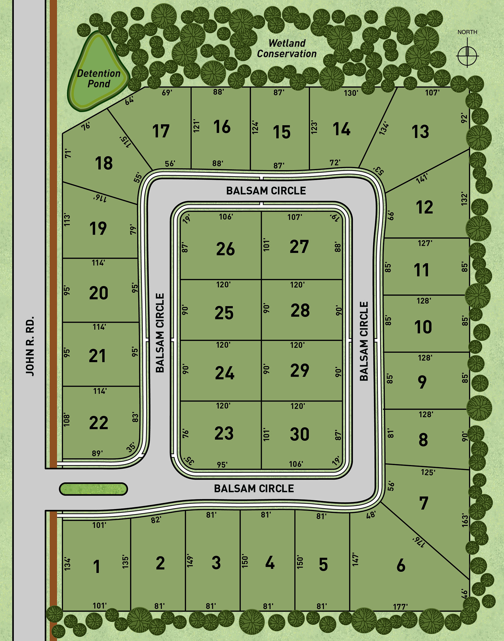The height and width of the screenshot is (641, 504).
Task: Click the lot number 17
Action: [x=161, y=131]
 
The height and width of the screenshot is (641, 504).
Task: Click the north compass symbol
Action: [x=467, y=55]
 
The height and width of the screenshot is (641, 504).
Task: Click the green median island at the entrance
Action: [x=93, y=489]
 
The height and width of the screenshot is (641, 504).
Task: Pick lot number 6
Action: [x=401, y=566]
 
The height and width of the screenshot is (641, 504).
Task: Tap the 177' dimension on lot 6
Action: [x=400, y=607]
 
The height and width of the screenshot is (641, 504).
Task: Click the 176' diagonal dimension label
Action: [x=418, y=542]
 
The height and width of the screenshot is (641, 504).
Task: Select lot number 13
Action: [x=420, y=132]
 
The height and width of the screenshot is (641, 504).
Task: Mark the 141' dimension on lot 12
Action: [x=422, y=178]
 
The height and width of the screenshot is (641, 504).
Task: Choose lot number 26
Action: [x=225, y=249]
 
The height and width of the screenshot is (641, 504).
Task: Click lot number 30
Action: [x=299, y=434]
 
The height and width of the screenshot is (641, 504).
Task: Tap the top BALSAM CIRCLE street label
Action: [x=266, y=191]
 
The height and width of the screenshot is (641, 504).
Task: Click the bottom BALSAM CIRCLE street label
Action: [x=254, y=489]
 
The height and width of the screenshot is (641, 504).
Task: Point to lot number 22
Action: [x=99, y=423]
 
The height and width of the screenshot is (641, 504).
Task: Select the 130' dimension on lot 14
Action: [x=351, y=93]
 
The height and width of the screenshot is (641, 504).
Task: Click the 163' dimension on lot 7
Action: [x=465, y=520]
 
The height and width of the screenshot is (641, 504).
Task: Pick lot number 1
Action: [x=97, y=567]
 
